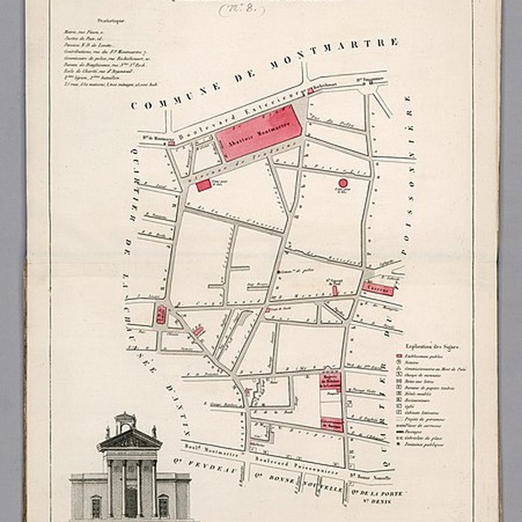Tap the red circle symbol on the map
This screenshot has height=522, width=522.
pos(343,182)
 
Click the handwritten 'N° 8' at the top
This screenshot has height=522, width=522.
pos(242,9)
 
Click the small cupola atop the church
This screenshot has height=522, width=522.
pos(126,421)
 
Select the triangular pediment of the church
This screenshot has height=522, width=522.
pos(130,440)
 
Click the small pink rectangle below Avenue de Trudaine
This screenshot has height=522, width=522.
pos(204,186)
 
